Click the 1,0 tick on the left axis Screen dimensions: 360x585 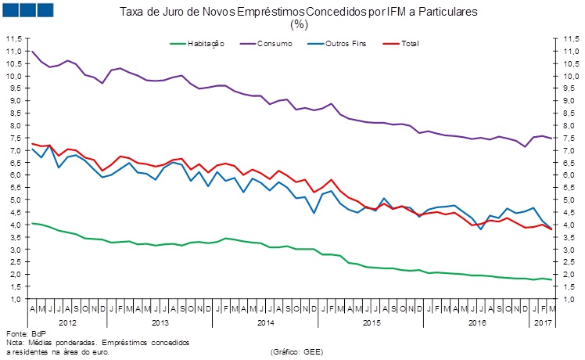(x=15, y=300)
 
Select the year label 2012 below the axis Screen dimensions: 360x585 (x=67, y=322)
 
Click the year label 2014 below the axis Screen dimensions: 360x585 (x=265, y=322)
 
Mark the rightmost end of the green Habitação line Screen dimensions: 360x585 (x=552, y=280)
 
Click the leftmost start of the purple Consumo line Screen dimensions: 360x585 (x=31, y=52)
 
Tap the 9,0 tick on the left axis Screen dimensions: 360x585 (x=15, y=102)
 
